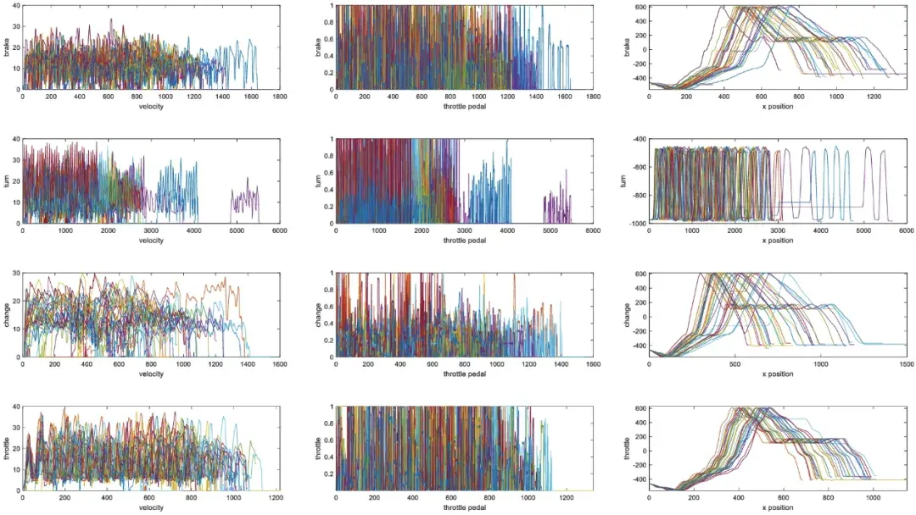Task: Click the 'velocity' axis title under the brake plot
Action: (x=151, y=107)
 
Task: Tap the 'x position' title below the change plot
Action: (x=777, y=374)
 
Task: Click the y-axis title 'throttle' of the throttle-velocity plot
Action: (x=7, y=448)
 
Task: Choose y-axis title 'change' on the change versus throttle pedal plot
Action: (x=320, y=315)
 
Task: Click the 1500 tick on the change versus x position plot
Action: (x=905, y=364)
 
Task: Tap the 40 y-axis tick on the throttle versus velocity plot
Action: (x=17, y=407)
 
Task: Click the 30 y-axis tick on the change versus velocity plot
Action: (x=17, y=274)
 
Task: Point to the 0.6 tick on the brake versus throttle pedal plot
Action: (x=330, y=39)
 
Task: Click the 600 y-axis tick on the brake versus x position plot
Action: (x=640, y=8)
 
